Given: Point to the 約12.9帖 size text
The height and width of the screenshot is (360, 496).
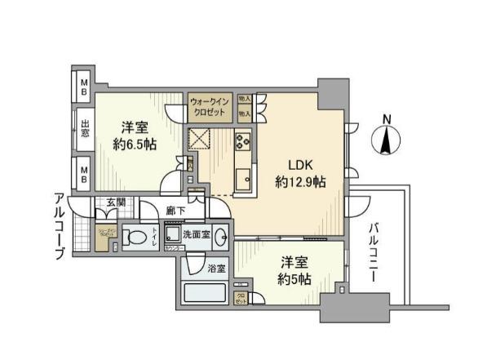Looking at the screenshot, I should coord(300,182).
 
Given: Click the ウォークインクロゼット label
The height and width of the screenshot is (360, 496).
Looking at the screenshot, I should coord(210,105).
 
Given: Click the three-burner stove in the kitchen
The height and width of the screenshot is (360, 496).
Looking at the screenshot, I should coord(243,141).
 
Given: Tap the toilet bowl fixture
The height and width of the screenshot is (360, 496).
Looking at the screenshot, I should coord(137,238).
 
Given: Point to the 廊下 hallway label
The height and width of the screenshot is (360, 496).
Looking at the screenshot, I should coord(174,210).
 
